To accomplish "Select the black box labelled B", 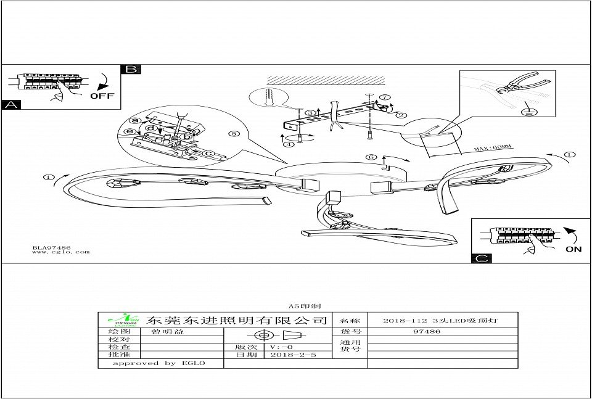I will [131, 69].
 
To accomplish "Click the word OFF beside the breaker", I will [102, 96].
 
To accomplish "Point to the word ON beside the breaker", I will [573, 250].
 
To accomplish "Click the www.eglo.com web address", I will [60, 252].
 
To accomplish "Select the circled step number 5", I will [232, 133].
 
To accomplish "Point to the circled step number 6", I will [371, 157].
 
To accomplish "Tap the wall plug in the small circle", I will [268, 99].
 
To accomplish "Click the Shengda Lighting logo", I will [121, 320].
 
